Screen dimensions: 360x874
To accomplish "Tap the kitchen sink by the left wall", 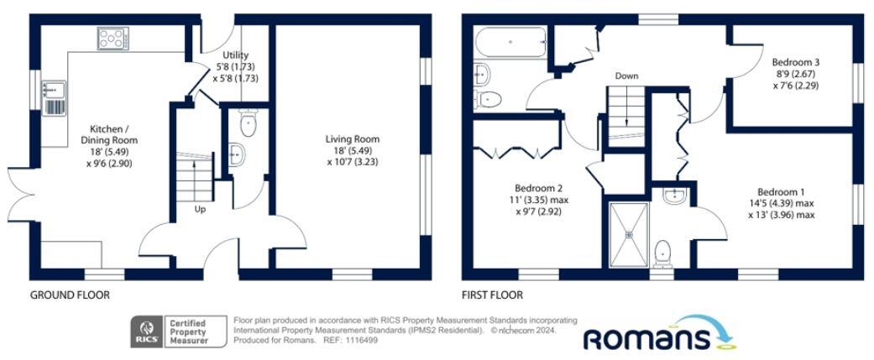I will tap(55, 96).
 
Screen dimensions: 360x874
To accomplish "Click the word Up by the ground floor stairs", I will tap(201, 209).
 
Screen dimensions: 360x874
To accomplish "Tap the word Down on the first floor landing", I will tap(626, 76).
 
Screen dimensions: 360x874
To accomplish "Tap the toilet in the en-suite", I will tap(664, 253).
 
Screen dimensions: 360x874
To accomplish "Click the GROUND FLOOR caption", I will tap(70, 295).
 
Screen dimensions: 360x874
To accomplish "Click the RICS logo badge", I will tap(144, 331).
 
